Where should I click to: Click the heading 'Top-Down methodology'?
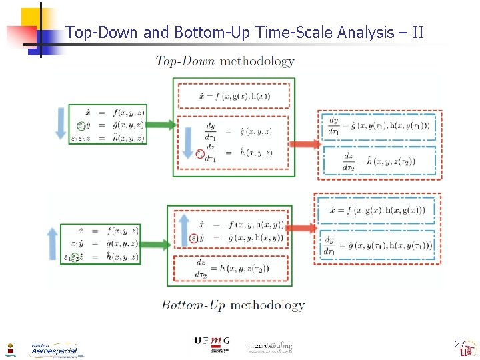(225, 61)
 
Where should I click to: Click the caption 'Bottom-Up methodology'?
(233, 305)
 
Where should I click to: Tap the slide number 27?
(459, 344)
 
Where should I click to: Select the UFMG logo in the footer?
(212, 343)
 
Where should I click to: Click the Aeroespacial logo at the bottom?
(54, 349)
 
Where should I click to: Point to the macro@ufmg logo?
(270, 346)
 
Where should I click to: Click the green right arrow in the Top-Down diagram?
(161, 125)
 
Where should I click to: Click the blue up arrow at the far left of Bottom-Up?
(53, 243)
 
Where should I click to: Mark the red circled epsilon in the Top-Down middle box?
(200, 154)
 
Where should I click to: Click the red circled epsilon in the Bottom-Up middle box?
(194, 237)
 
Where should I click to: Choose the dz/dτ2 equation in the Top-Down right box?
(379, 161)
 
